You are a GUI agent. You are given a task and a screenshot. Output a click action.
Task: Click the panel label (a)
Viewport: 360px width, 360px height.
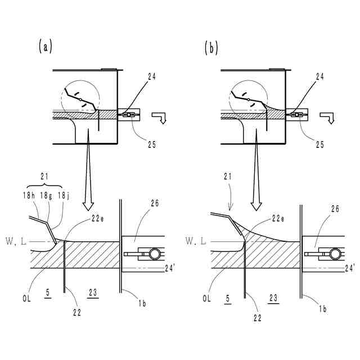(45, 47)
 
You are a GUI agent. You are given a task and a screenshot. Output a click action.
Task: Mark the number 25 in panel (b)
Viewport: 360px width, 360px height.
(319, 144)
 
